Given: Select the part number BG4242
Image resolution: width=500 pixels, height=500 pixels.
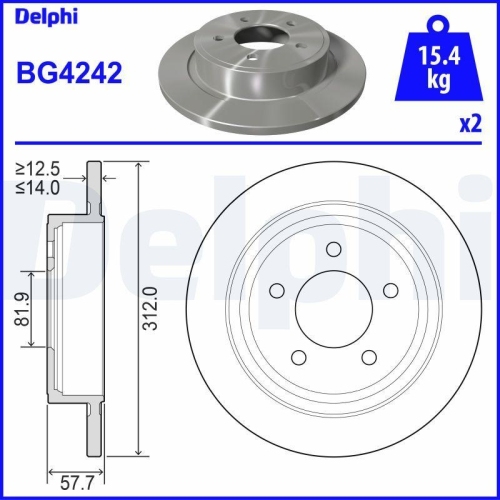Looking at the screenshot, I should (69, 73).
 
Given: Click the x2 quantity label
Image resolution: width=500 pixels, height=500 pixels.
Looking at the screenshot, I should (467, 124).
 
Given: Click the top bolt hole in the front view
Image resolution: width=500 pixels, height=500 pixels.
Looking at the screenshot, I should (334, 250).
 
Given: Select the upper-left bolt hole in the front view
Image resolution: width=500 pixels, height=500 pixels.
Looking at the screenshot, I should (276, 291).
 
